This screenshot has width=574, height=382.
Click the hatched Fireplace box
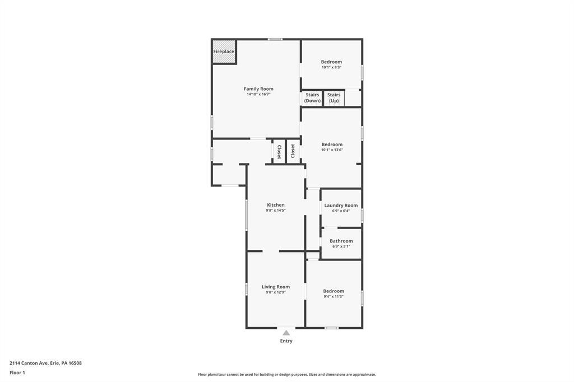(224, 52)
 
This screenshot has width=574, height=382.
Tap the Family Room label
(258, 88)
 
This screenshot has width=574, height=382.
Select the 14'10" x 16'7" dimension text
(258, 95)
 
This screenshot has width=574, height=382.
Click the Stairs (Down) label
(312, 97)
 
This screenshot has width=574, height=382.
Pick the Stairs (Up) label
(334, 97)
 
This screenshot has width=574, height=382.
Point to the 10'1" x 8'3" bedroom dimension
(332, 67)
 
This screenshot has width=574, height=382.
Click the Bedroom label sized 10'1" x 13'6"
(332, 144)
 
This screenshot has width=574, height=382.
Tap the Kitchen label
(276, 205)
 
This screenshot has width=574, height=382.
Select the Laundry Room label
(341, 205)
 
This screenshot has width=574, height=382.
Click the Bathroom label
(341, 241)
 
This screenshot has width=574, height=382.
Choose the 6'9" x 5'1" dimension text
(341, 246)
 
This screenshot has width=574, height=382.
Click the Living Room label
(276, 287)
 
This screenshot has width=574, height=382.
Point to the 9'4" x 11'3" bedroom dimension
(334, 297)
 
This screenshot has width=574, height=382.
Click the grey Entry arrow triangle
(286, 333)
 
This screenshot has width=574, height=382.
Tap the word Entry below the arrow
(286, 341)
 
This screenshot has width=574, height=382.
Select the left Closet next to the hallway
(279, 151)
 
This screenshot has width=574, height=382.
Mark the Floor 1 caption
(17, 373)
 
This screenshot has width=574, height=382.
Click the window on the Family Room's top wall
(275, 39)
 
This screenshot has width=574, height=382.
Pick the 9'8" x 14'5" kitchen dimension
(276, 211)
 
